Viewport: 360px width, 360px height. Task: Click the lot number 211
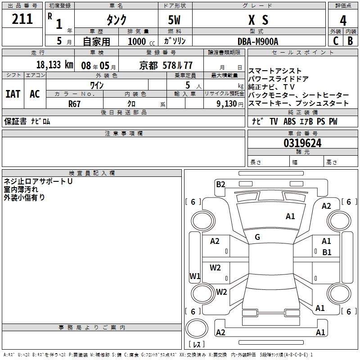pyautogui.click(x=22, y=19)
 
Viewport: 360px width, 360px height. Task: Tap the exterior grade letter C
pyautogui.click(x=336, y=40)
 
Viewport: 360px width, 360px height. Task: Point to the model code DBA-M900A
pyautogui.click(x=258, y=41)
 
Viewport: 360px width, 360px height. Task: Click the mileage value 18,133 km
pyautogui.click(x=54, y=65)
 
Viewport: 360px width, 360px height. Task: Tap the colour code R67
pyautogui.click(x=74, y=103)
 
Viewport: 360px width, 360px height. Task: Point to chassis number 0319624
pyautogui.click(x=302, y=144)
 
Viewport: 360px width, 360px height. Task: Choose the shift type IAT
pyautogui.click(x=13, y=94)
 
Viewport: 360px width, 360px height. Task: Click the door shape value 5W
pyautogui.click(x=175, y=20)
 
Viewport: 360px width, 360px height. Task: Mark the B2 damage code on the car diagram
pyautogui.click(x=220, y=184)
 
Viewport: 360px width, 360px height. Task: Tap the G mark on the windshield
pyautogui.click(x=257, y=237)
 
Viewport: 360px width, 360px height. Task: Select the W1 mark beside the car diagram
pyautogui.click(x=194, y=276)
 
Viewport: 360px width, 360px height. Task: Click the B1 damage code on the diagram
pyautogui.click(x=327, y=252)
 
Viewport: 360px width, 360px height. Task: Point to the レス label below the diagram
pyautogui.click(x=198, y=345)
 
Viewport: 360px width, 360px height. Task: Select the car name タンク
pyautogui.click(x=116, y=20)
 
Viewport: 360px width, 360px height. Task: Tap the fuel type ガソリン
pyautogui.click(x=175, y=41)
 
